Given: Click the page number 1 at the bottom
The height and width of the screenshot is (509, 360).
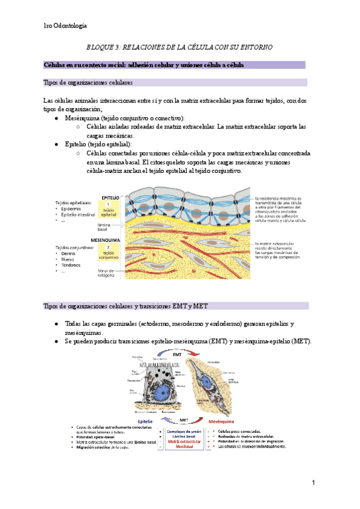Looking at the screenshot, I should click(x=314, y=483).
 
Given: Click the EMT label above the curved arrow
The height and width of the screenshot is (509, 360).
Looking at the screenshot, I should click(x=178, y=355).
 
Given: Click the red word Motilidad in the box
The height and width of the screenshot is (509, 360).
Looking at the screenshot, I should click(x=180, y=447).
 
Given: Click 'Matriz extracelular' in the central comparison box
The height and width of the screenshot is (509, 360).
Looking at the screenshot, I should click(x=180, y=442).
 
